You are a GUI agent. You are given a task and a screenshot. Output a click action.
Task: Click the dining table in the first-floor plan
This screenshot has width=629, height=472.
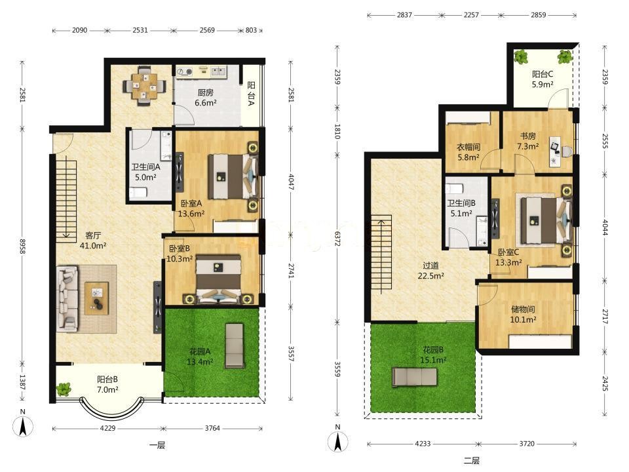pos(144,87)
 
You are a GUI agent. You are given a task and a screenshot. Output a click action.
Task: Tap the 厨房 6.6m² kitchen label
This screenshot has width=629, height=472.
pos(205,98)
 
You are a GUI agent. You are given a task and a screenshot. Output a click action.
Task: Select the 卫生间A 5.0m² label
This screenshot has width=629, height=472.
pos(145,172)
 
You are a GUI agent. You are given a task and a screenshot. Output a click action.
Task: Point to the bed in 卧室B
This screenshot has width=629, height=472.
pos(218,278)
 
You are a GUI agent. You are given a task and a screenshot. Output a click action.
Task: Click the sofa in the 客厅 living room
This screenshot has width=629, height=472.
pos(67,299)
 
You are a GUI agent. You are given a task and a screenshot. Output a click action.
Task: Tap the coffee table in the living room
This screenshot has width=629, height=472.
pos(96,298)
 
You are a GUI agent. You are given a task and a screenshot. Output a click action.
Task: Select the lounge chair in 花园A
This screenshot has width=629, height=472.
pos(235,345)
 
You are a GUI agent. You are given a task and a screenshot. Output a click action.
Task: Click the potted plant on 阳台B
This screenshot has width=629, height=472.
pos(64,389)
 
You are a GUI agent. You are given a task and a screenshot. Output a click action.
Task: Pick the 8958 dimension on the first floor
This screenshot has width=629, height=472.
pos(22,249)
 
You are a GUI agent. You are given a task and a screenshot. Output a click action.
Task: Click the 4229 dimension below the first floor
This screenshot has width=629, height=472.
pos(107,428)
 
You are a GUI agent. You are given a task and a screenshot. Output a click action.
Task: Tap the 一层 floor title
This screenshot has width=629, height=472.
pos(157,445)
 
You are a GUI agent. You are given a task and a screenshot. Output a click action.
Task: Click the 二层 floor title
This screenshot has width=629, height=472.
pos(471,461)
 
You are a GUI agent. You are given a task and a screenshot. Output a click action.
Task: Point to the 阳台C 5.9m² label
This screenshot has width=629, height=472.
pos(543,79)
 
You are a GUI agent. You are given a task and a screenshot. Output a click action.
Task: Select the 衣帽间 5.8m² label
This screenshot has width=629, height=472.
pos(468,152)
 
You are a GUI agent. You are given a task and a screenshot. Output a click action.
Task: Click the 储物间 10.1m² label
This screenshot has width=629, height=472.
pos(523,314)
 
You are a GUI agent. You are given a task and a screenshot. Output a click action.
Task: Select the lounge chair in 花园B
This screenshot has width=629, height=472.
pos(414,377)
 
